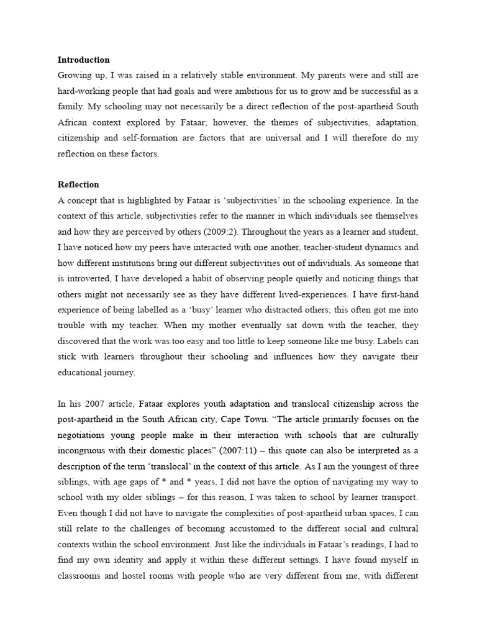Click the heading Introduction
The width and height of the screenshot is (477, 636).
click(83, 60)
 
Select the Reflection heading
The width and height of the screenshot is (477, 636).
click(78, 185)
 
